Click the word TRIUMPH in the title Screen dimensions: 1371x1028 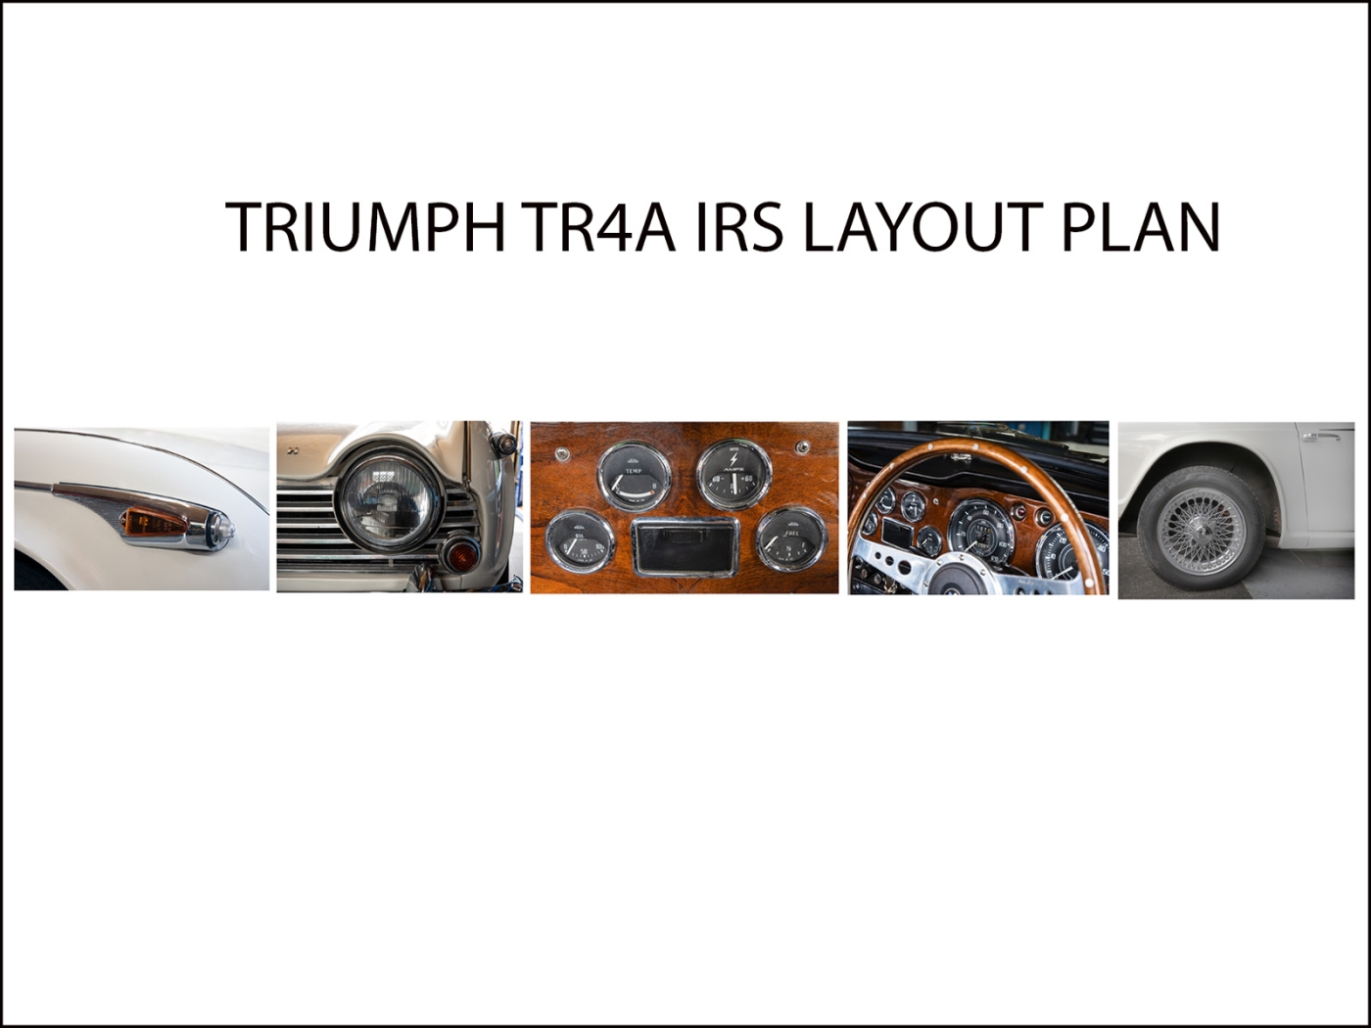point(364,226)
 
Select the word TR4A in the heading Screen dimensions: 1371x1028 point(599,226)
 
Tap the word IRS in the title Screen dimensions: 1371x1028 point(739,226)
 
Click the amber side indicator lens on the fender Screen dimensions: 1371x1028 point(155,521)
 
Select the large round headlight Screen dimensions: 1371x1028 point(388,502)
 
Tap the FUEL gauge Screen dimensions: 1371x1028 point(791,539)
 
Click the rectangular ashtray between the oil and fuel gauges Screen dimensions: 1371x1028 point(685,546)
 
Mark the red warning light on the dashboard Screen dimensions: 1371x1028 point(1019,512)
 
